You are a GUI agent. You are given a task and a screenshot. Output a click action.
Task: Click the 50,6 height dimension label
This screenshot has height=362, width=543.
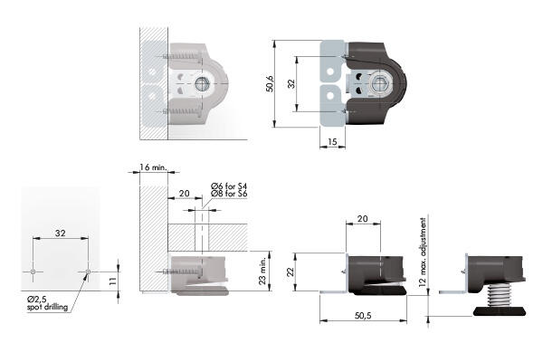tap(270, 84)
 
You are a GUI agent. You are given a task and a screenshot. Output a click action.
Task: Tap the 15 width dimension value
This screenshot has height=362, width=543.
tap(332, 142)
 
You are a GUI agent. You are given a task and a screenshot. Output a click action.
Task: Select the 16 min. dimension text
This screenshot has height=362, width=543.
tap(154, 167)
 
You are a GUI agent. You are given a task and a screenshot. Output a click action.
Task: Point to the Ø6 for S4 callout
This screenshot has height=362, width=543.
tap(229, 186)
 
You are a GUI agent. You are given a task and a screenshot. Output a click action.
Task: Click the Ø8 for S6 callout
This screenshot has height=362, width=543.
tap(229, 194)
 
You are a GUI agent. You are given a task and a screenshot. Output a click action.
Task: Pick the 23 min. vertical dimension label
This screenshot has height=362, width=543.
tap(262, 271)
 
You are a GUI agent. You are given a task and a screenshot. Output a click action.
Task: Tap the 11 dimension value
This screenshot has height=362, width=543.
tap(112, 281)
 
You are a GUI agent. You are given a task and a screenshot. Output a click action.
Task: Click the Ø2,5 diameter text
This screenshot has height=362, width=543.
tap(37, 300)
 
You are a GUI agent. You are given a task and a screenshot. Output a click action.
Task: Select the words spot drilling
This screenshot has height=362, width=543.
tap(47, 308)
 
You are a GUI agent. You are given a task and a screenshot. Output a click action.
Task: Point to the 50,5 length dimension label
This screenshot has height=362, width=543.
tap(363, 315)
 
